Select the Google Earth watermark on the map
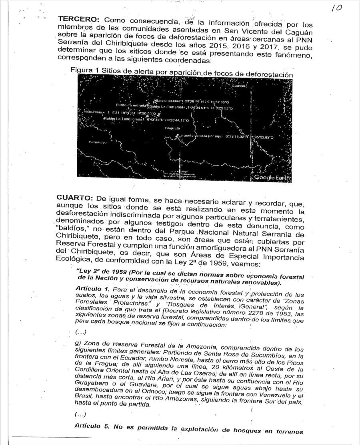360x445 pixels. [272, 178]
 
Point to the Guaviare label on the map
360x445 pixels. [240, 86]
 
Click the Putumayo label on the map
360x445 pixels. [97, 142]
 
